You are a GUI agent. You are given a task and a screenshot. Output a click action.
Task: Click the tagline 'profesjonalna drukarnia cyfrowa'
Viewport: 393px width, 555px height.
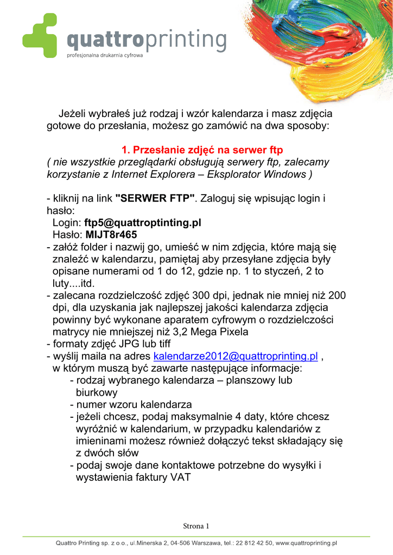pos(104,55)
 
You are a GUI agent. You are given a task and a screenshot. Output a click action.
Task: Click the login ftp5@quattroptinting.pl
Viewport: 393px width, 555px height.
pos(143,223)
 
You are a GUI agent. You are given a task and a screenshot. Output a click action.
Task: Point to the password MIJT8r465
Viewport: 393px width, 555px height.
pos(111,235)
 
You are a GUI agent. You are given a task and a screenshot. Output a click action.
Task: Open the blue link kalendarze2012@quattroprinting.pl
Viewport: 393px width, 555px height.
pos(236,356)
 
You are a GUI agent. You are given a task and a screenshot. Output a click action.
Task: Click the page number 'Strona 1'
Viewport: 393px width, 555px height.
pos(196,526)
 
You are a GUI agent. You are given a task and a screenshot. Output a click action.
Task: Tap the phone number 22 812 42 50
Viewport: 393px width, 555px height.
pos(255,543)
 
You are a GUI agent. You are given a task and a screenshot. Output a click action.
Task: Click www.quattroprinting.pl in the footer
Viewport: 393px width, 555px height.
pos(307,543)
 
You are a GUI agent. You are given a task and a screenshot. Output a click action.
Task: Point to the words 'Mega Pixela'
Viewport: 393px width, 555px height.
pos(221,332)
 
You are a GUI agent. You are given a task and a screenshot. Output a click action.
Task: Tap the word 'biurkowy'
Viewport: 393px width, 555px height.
pos(97,392)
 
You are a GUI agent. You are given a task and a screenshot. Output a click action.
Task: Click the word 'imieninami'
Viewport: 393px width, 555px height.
pos(102,441)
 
